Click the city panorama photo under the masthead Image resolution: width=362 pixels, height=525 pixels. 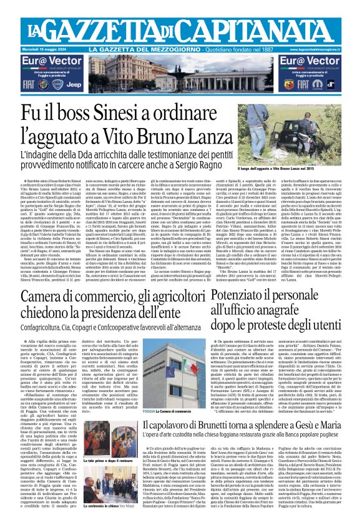pos(181,72)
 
